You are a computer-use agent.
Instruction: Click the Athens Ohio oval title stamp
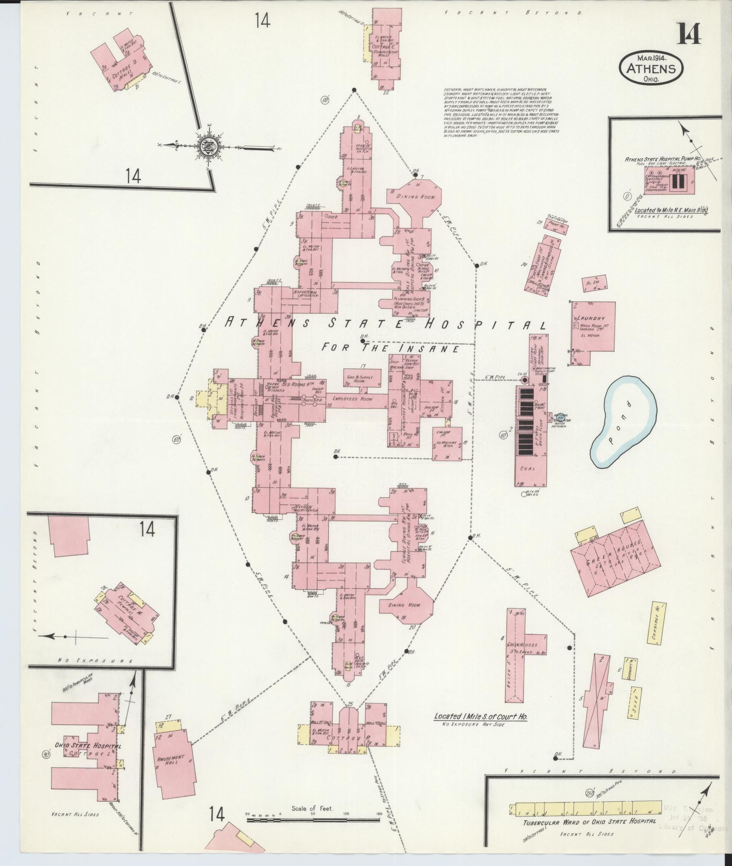(x=651, y=69)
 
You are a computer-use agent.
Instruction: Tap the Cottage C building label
(x=381, y=46)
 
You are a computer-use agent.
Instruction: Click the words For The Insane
(x=390, y=347)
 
